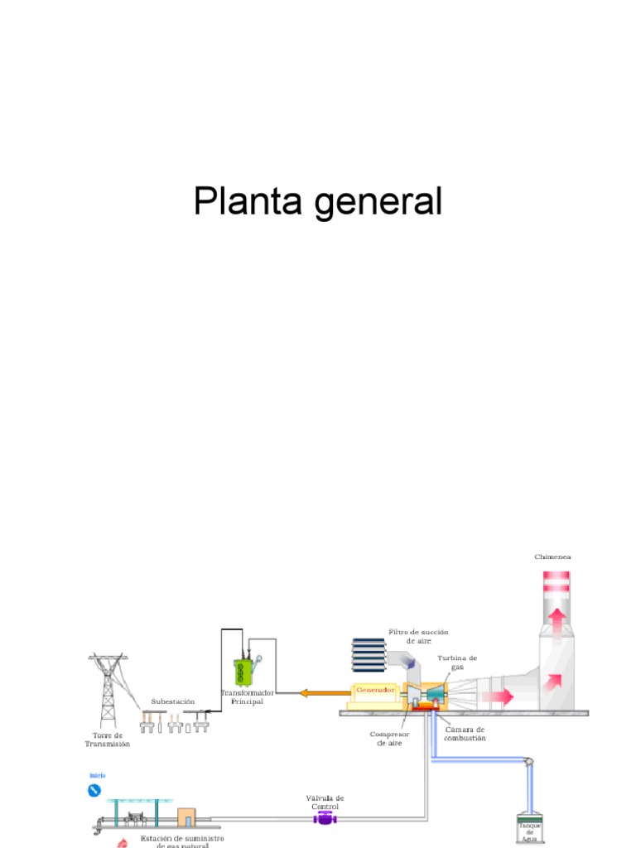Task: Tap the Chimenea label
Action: pyautogui.click(x=552, y=557)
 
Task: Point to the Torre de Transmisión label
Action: pyautogui.click(x=108, y=740)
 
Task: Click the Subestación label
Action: pyautogui.click(x=172, y=701)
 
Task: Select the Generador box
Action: pyautogui.click(x=375, y=690)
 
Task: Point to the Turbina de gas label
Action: pyautogui.click(x=457, y=662)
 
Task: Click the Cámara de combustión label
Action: pyautogui.click(x=465, y=734)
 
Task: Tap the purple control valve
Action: pyautogui.click(x=324, y=818)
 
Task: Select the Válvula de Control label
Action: pyautogui.click(x=325, y=802)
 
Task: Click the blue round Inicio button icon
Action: pyautogui.click(x=94, y=791)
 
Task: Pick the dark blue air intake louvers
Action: pyautogui.click(x=368, y=654)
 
